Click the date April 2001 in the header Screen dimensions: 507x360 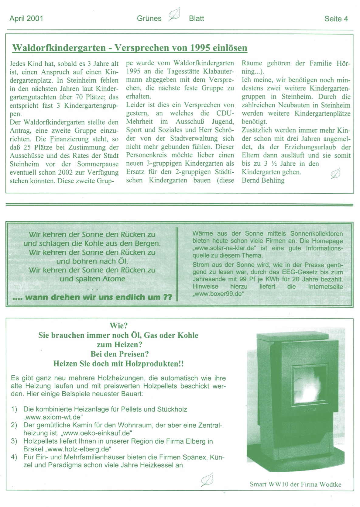tap(26, 19)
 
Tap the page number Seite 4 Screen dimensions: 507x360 tap(336, 19)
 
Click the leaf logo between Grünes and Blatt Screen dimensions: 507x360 tap(175, 14)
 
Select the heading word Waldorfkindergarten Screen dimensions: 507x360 tap(58, 48)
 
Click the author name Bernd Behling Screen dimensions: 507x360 tap(263, 180)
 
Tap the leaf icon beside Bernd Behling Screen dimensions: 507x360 tap(335, 174)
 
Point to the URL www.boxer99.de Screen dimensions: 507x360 tap(218, 294)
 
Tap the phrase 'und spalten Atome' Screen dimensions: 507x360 tap(92, 279)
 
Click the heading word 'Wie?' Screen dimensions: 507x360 tap(118, 326)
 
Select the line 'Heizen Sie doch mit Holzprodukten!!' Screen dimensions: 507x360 tap(118, 364)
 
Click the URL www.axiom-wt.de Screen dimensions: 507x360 tap(53, 417)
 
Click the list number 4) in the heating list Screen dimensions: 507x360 tap(14, 457)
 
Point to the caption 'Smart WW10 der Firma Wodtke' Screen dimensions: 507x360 tap(295, 484)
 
